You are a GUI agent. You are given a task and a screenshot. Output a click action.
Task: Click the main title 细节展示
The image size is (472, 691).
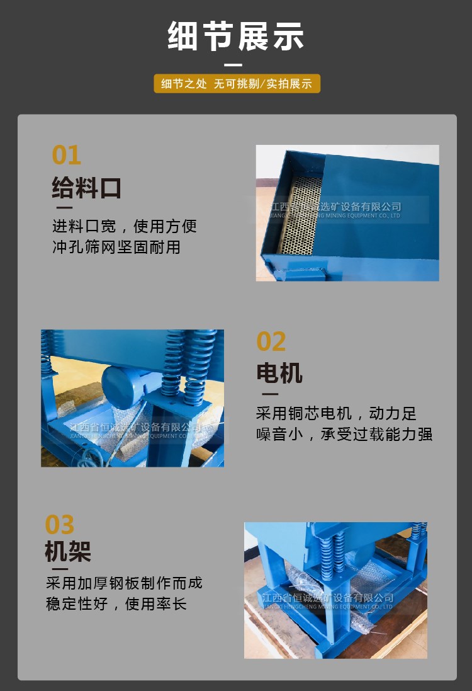235,35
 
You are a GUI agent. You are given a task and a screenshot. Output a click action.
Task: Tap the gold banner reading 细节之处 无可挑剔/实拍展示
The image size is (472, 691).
237,83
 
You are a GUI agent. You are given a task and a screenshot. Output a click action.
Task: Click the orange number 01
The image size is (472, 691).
67,155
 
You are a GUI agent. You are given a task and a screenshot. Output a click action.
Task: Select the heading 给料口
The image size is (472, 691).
86,188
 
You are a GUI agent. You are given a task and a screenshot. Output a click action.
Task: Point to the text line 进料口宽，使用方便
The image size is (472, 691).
125,226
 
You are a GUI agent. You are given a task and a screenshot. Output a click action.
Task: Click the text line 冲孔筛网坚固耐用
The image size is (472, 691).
116,247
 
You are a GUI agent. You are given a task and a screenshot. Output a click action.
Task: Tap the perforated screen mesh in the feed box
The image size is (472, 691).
301,215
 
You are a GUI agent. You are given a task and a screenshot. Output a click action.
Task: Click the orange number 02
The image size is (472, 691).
271,341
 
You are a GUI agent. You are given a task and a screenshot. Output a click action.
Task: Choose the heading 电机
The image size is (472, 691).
279,374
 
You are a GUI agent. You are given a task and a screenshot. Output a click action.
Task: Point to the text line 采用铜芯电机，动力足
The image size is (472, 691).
337,413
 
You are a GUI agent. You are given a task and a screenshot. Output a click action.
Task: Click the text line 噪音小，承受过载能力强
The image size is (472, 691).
344,434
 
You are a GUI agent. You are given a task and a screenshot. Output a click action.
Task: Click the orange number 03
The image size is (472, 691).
60,525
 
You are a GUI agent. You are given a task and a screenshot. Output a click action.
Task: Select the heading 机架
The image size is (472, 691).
68,551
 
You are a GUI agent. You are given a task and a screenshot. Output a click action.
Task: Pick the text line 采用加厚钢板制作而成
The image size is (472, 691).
124,583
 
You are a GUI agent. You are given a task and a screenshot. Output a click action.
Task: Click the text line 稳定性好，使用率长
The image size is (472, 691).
116,603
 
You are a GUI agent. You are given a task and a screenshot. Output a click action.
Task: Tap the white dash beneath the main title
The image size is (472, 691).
233,65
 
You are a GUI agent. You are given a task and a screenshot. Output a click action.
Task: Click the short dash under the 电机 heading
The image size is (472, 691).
270,394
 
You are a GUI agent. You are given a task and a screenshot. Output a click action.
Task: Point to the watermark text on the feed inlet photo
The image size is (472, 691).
335,210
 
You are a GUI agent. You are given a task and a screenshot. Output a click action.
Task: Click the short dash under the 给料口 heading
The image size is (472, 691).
64,207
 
